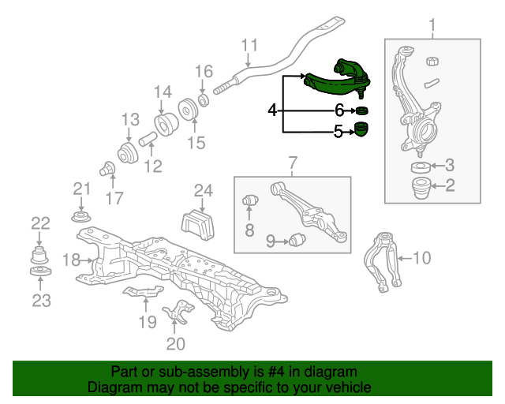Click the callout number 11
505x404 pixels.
click(x=249, y=45)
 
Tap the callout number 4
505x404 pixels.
click(x=272, y=110)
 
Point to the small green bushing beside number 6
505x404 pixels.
click(x=361, y=110)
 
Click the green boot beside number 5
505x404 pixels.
click(x=361, y=129)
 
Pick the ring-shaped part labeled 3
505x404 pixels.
click(x=421, y=166)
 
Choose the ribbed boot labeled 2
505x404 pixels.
click(x=421, y=188)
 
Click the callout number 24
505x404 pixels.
click(x=204, y=191)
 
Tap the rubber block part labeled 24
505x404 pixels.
click(x=198, y=224)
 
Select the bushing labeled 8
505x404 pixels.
click(x=250, y=200)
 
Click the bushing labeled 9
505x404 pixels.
click(x=297, y=239)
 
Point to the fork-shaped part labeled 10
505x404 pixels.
click(x=383, y=261)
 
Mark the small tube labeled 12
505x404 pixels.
click(x=148, y=139)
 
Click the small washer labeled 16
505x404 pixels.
click(x=204, y=100)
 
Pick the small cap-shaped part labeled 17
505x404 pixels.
click(x=107, y=168)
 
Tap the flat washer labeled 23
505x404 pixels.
click(x=40, y=271)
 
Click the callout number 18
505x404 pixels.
click(x=71, y=260)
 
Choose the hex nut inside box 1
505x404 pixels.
click(x=432, y=61)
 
